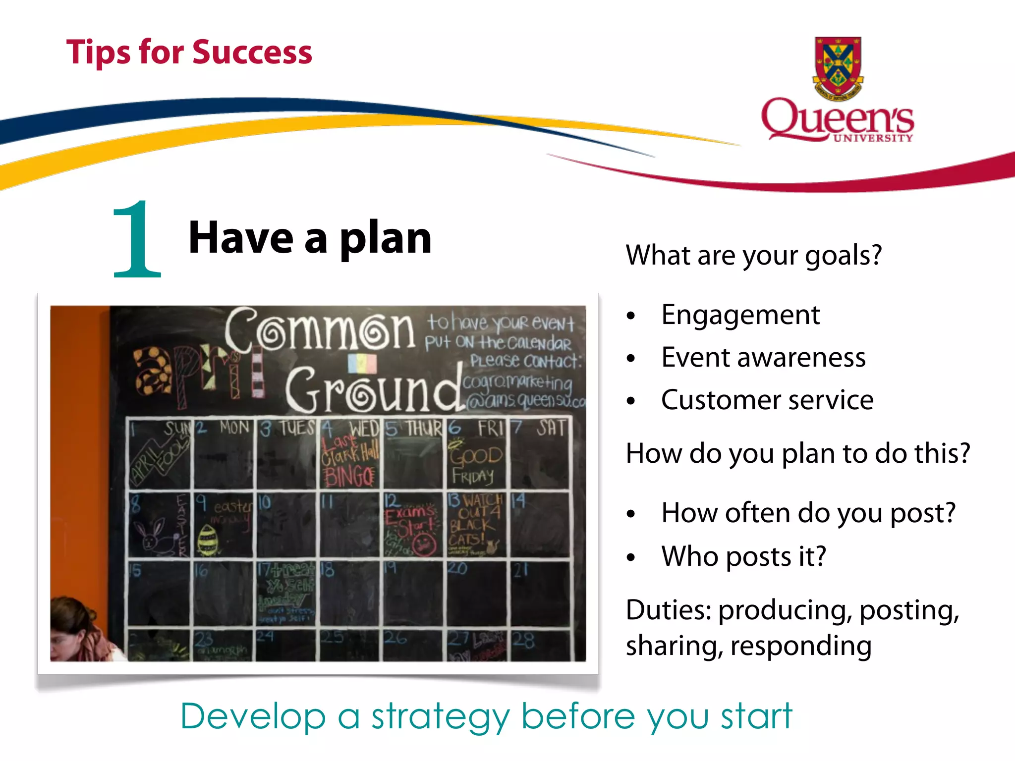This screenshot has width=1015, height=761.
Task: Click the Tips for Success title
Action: coord(189,52)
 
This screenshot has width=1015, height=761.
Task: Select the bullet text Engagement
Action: coord(740,315)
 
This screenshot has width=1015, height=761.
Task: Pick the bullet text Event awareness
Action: coord(763,358)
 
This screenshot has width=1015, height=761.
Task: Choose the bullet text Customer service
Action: coord(767,400)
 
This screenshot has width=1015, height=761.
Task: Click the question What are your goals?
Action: coord(753,256)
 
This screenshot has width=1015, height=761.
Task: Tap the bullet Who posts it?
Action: coord(743,556)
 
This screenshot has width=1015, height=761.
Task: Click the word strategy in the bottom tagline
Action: coord(440,717)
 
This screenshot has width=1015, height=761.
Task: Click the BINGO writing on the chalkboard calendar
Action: coord(349,477)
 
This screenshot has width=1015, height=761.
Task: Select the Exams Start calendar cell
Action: coord(411,525)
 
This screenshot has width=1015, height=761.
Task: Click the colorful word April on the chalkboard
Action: coord(198,374)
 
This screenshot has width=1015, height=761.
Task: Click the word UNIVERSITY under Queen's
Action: coord(873,138)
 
